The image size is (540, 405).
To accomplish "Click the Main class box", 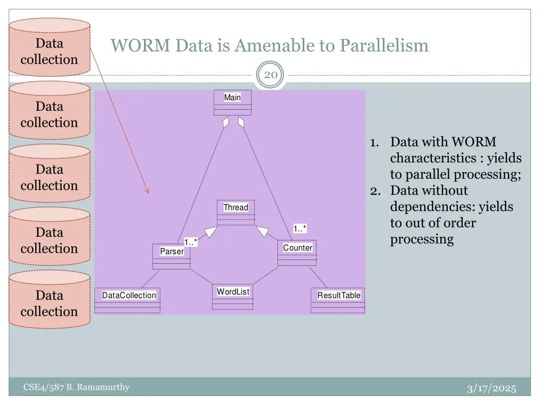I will [x=233, y=102].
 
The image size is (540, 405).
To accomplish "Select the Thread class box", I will [x=236, y=212].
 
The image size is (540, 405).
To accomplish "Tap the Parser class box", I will [x=171, y=256].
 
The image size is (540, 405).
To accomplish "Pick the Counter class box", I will [x=297, y=253].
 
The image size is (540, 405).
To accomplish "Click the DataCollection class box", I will [x=128, y=300].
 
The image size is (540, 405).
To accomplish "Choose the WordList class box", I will [x=233, y=297].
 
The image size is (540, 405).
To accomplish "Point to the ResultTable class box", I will [x=338, y=300].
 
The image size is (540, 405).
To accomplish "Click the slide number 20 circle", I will [x=271, y=75].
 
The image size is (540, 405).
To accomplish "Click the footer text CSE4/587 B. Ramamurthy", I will [x=76, y=388].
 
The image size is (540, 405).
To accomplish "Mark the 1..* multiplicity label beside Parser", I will [x=191, y=242].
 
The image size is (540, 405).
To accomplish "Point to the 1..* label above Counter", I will [x=300, y=228].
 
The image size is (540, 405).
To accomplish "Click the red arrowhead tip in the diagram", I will [x=148, y=192].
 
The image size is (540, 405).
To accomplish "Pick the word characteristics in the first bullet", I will [x=436, y=158].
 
